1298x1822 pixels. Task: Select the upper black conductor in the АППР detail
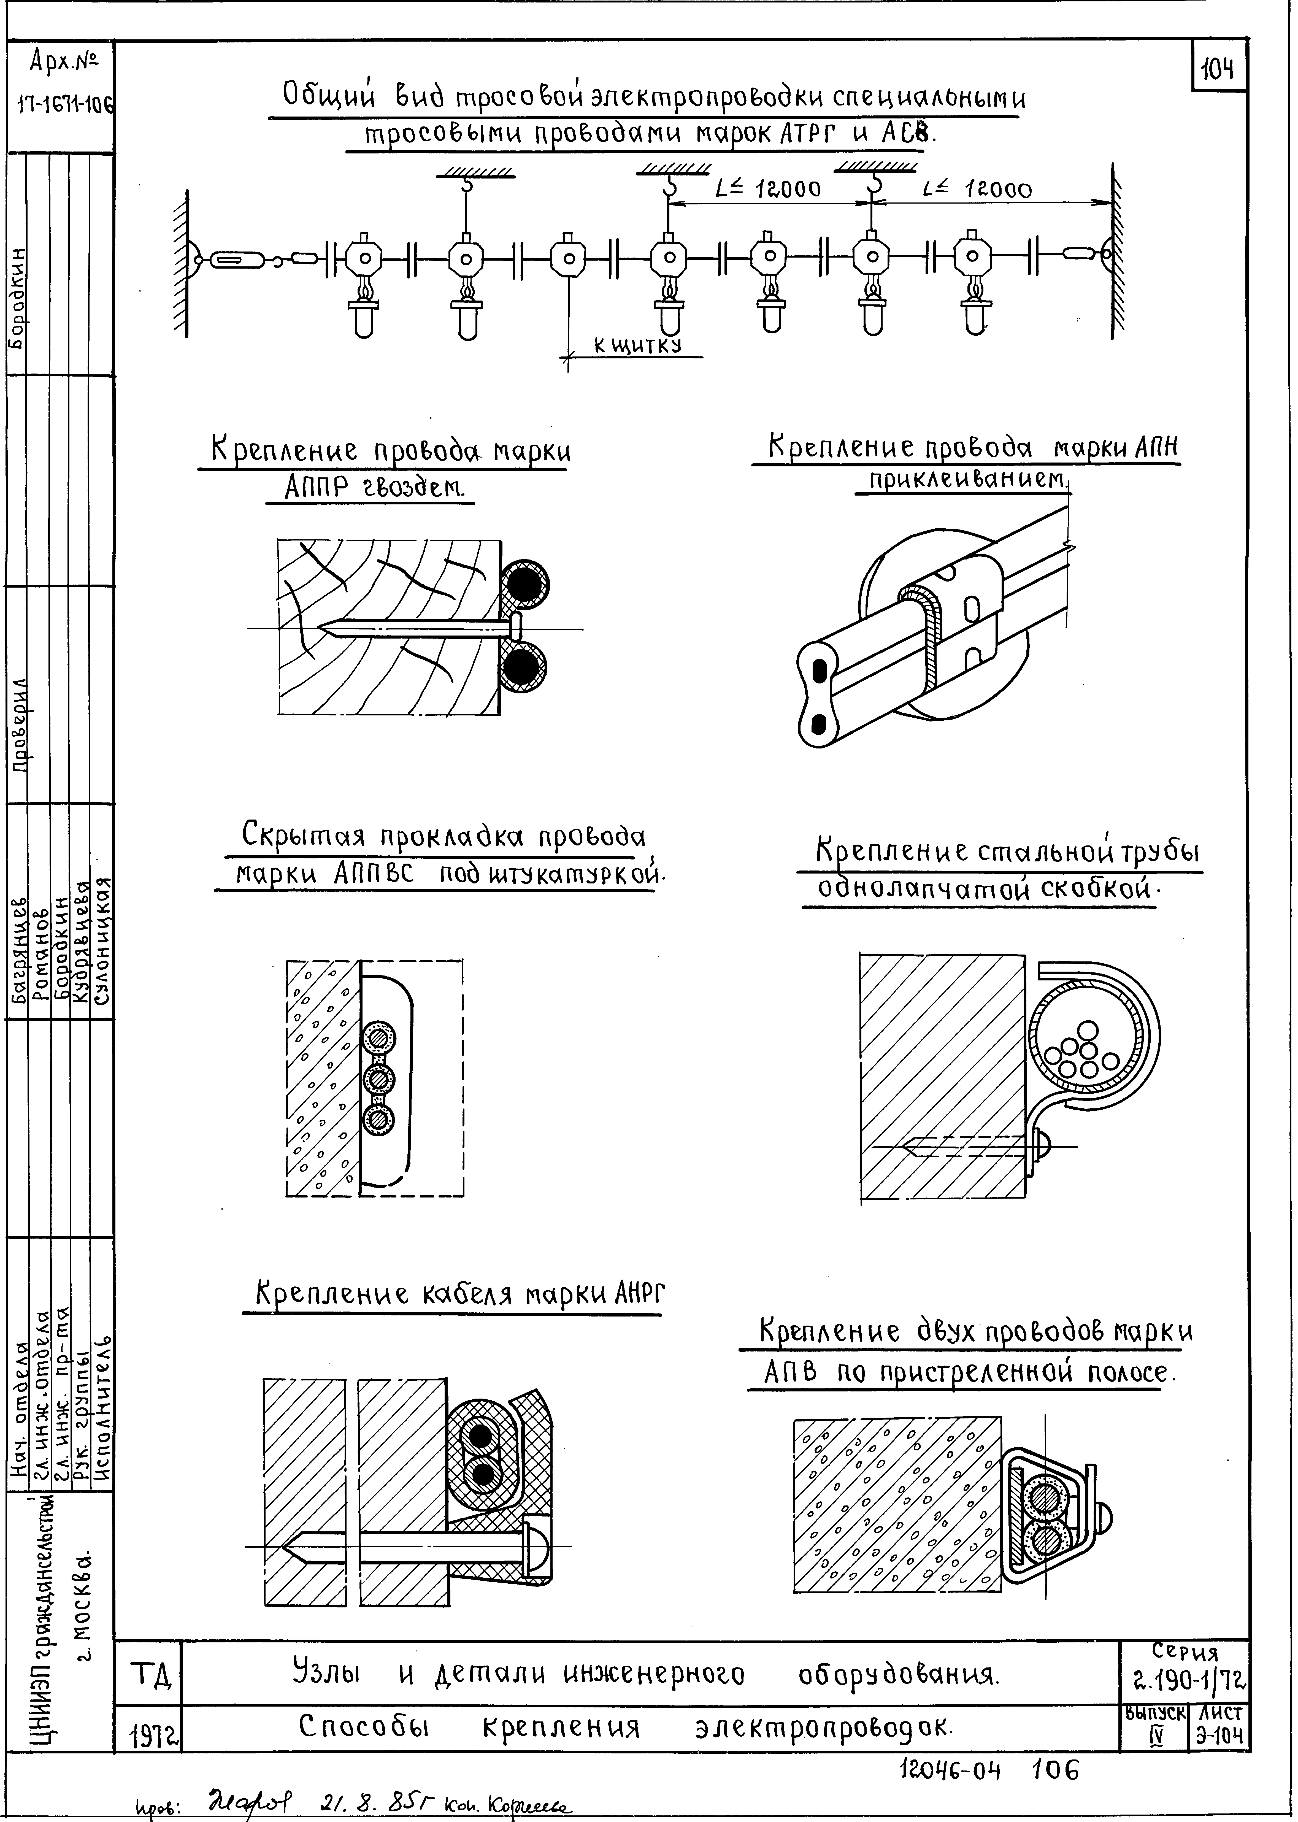[x=524, y=581]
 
